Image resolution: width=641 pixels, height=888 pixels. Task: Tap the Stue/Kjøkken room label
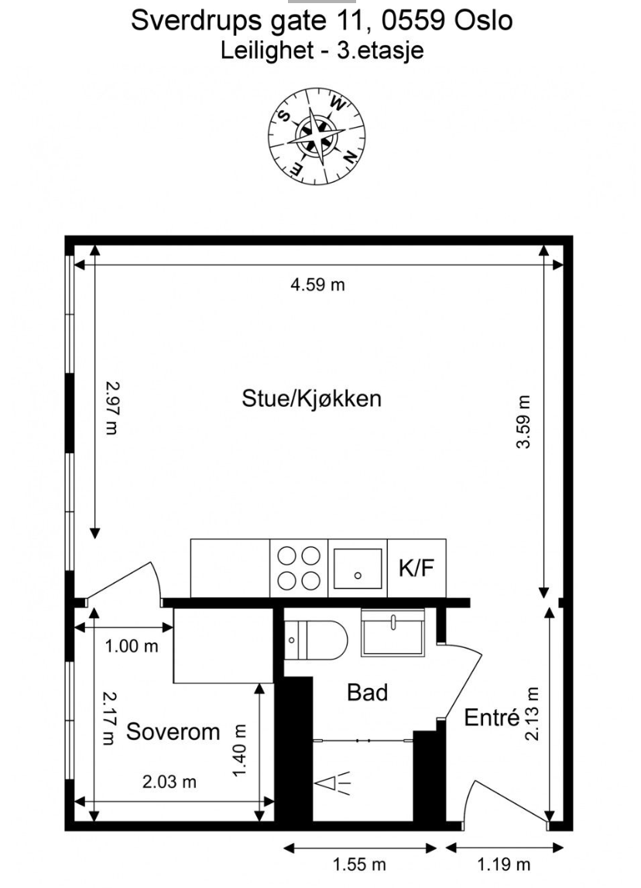tap(312, 399)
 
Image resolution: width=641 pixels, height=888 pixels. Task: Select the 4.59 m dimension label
tap(317, 284)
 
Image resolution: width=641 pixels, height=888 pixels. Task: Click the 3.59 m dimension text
tap(525, 422)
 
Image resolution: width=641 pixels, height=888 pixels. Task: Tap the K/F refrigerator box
tap(416, 568)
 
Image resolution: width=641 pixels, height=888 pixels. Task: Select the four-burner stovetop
tap(299, 569)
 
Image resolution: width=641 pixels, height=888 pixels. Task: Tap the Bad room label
tap(367, 692)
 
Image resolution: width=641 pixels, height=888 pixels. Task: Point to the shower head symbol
tap(331, 783)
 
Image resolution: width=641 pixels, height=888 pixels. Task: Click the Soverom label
tap(173, 731)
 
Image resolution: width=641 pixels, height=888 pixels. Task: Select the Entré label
tap(492, 718)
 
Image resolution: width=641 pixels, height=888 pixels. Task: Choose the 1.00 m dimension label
tap(132, 645)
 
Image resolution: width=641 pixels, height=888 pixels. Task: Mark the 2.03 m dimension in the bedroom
tap(170, 782)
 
